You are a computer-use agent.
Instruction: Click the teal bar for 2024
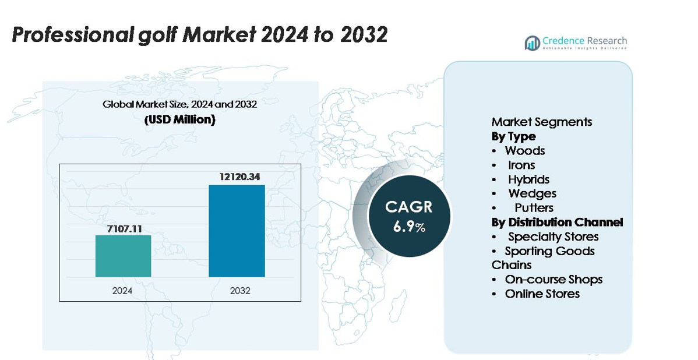point(123,256)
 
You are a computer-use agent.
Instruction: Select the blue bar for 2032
point(237,231)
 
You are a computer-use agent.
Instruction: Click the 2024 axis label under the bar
point(124,290)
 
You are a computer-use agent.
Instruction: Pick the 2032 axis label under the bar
point(238,290)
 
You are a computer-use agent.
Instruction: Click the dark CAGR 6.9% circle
point(409,216)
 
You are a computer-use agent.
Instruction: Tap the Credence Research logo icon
point(532,43)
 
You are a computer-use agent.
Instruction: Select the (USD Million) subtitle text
point(179,120)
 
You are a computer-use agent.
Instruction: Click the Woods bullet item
point(524,151)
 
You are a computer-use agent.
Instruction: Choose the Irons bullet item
point(521,165)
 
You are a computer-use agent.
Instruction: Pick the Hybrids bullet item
point(528,179)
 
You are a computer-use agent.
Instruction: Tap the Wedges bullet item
point(532,193)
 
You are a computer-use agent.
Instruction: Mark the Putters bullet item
point(534,208)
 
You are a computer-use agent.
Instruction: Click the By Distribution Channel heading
point(557,222)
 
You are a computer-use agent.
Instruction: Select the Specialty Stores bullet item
point(552,237)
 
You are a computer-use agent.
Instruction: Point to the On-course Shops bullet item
point(554,280)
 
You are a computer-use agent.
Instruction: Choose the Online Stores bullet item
point(542,294)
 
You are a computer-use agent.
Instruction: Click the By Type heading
point(513,136)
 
